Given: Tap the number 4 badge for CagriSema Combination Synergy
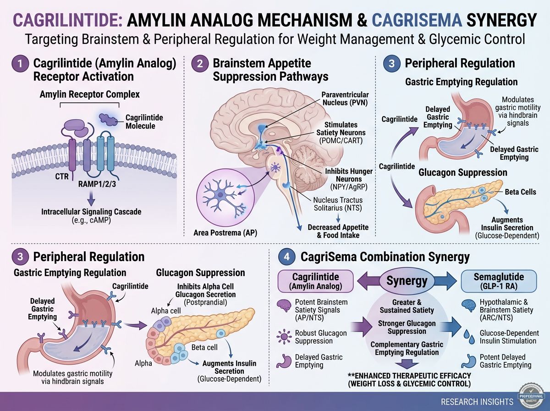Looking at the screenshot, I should [x=286, y=256].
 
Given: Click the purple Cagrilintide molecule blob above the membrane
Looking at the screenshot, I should [x=108, y=120].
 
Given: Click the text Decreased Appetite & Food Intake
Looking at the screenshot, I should [x=338, y=231].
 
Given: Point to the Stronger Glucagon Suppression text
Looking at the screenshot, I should [x=407, y=327].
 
